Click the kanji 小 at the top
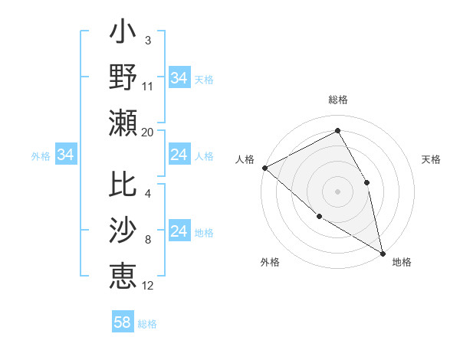pyautogui.click(x=123, y=35)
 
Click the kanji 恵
pyautogui.click(x=123, y=275)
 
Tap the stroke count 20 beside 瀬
pyautogui.click(x=148, y=132)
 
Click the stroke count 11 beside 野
pyautogui.click(x=148, y=86)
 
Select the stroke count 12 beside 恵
pyautogui.click(x=148, y=285)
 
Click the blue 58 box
pyautogui.click(x=123, y=322)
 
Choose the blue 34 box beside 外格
pyautogui.click(x=66, y=155)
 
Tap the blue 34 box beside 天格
pyautogui.click(x=179, y=78)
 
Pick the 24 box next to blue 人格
pyautogui.click(x=179, y=155)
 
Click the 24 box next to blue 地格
pyautogui.click(x=179, y=232)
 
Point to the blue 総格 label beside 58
pyautogui.click(x=147, y=324)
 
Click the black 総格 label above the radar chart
pyautogui.click(x=337, y=100)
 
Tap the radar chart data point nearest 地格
pyautogui.click(x=382, y=252)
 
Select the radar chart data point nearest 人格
pyautogui.click(x=264, y=167)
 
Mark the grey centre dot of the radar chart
pyautogui.click(x=337, y=191)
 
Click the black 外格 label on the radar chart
pyautogui.click(x=270, y=262)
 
